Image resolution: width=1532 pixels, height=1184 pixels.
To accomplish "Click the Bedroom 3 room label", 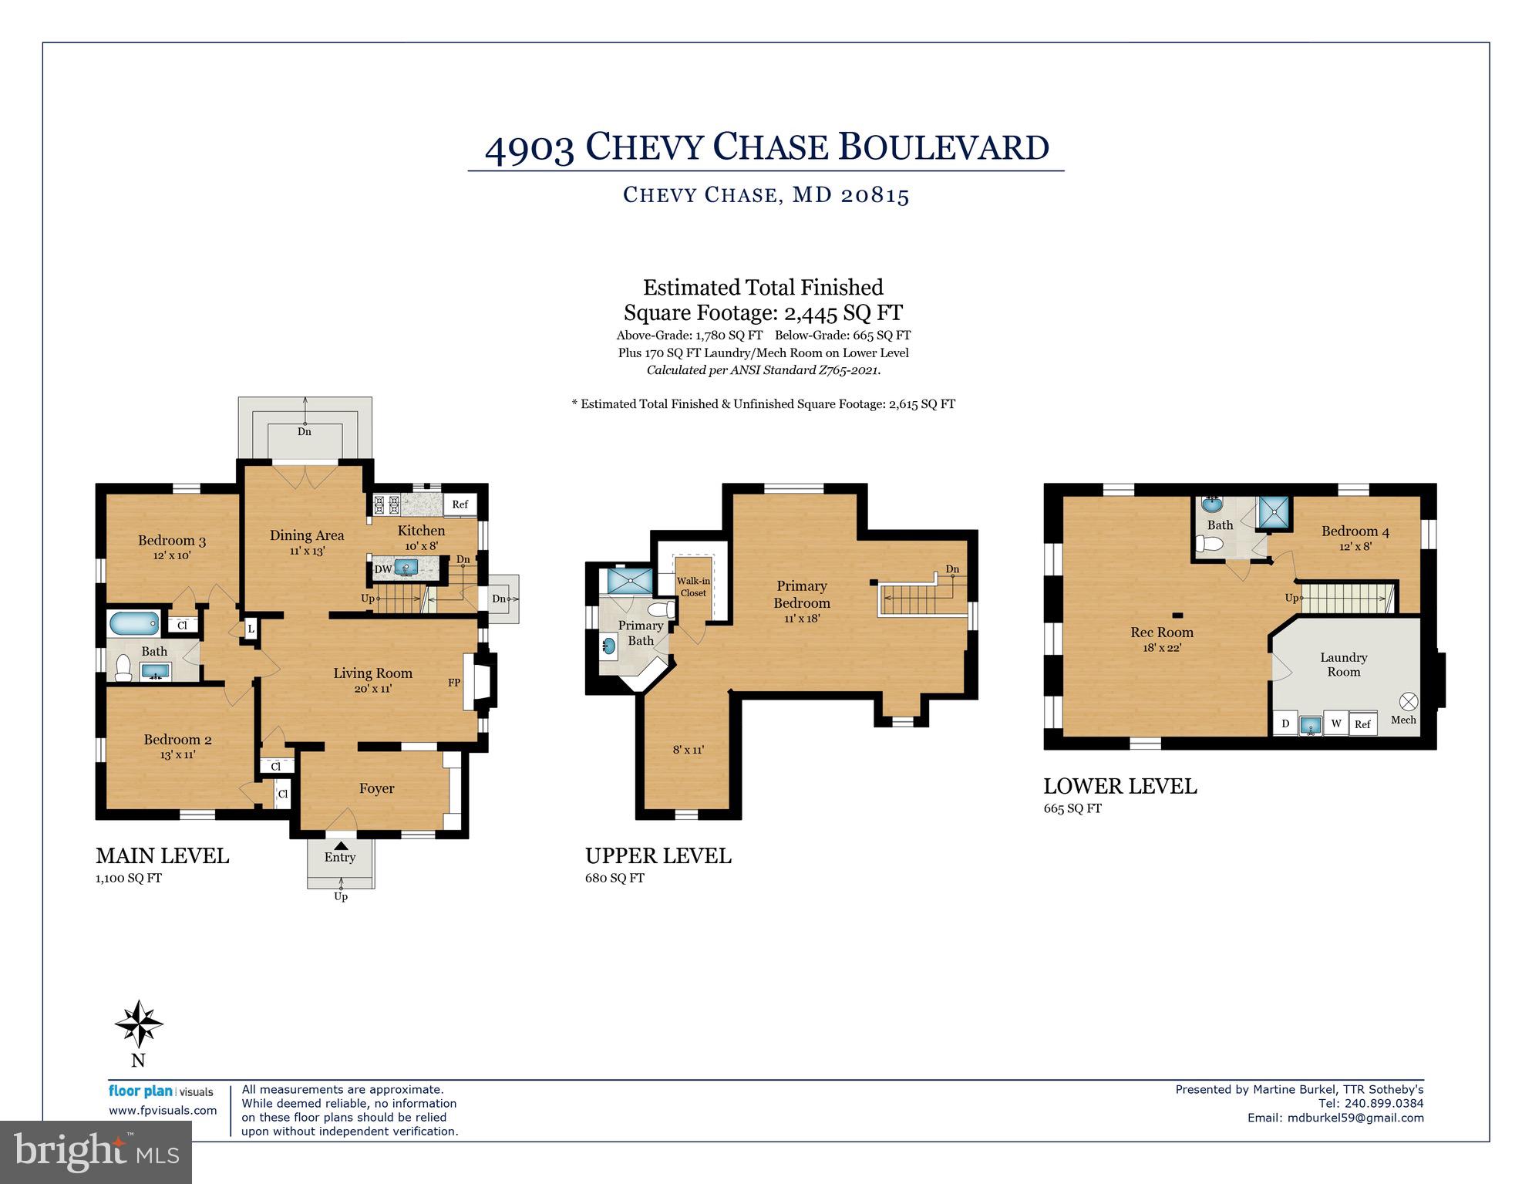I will [x=171, y=540].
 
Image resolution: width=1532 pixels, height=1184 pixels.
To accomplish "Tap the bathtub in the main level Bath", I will [x=134, y=622].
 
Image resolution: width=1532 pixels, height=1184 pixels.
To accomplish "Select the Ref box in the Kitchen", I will [x=460, y=504].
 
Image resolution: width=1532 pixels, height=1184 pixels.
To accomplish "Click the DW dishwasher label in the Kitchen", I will [x=382, y=569].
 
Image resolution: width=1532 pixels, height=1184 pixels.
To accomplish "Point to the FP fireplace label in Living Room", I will [x=454, y=683].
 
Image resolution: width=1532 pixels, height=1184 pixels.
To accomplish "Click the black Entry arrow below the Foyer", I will [x=340, y=845].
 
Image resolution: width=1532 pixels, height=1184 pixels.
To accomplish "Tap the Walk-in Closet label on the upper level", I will [x=693, y=587].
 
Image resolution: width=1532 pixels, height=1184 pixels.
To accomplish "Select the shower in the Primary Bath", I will [x=629, y=581].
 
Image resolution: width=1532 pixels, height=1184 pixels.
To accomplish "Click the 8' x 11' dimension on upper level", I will [x=688, y=750].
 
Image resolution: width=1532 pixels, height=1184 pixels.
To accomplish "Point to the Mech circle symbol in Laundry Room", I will [x=1408, y=701].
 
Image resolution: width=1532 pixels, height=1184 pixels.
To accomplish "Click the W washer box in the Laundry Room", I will [x=1336, y=723].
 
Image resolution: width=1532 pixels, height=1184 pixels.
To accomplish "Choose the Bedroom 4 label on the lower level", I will [x=1355, y=531].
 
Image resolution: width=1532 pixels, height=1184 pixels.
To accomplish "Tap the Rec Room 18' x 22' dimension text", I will [x=1161, y=648].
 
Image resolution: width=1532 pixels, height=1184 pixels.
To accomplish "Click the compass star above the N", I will [x=139, y=1024].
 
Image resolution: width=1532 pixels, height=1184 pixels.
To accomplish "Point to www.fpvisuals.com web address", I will [x=163, y=1111].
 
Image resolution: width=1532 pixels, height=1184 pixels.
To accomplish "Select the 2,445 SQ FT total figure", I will [x=843, y=312].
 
